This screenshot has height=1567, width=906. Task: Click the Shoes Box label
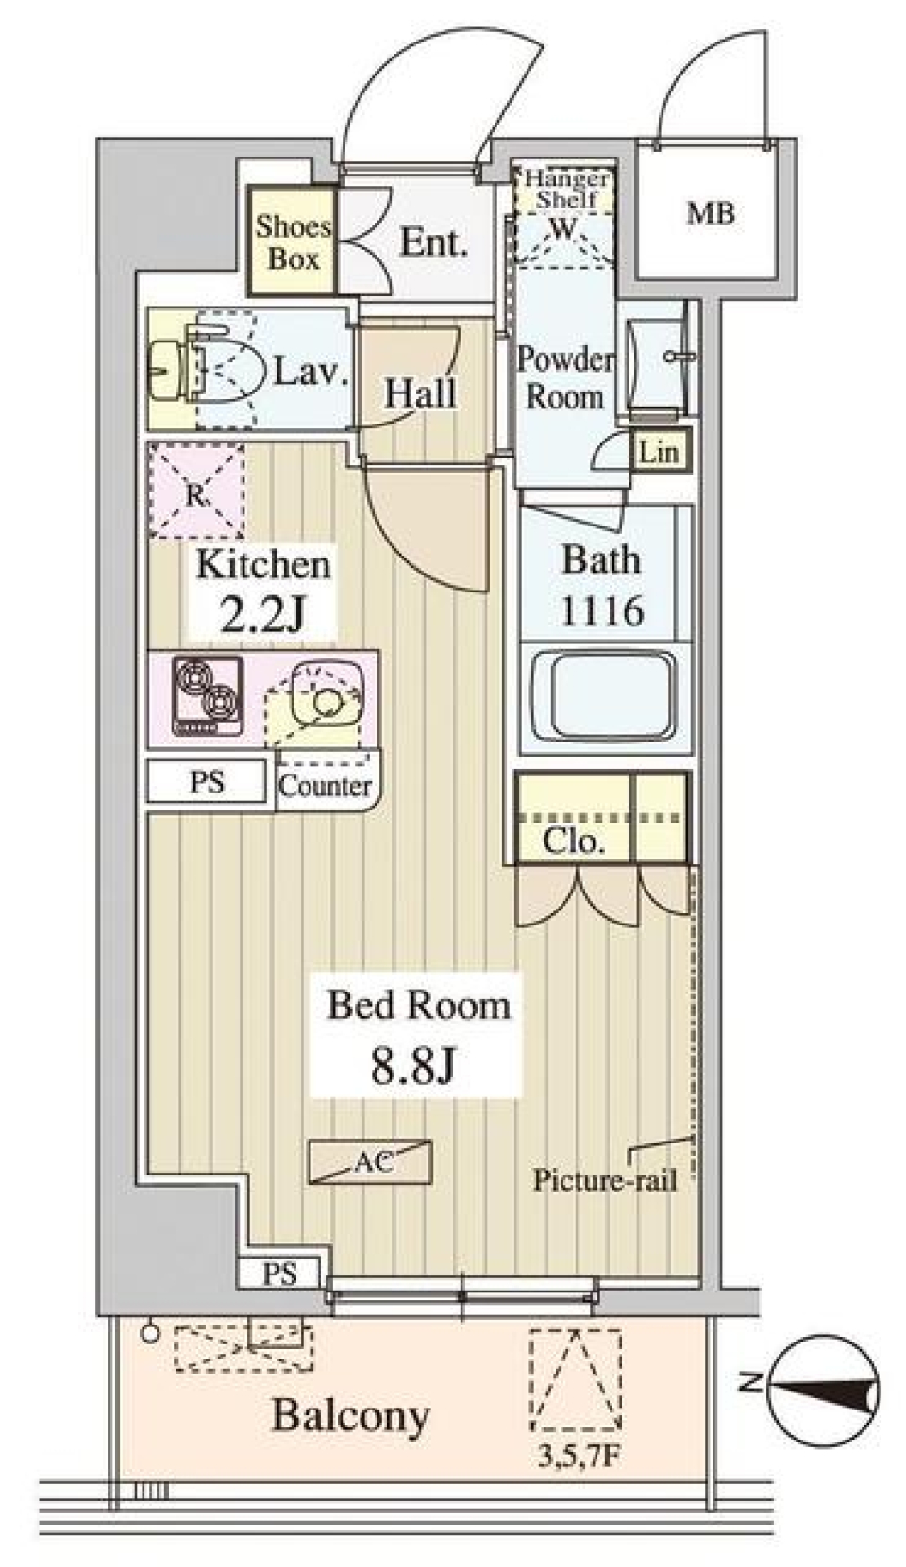click(x=294, y=242)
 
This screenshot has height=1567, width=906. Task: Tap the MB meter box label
click(x=710, y=214)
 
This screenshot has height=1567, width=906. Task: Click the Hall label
click(x=420, y=393)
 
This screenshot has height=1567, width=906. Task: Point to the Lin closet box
click(x=658, y=452)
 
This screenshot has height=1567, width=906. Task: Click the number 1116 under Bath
click(x=602, y=611)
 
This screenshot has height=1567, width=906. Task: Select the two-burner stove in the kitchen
click(x=205, y=697)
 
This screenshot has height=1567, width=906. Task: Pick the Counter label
click(x=326, y=785)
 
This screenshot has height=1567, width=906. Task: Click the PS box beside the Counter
click(x=208, y=782)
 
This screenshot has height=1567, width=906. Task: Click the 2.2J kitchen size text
click(x=262, y=615)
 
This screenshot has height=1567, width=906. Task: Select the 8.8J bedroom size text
click(x=414, y=1065)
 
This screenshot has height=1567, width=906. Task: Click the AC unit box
click(x=371, y=1162)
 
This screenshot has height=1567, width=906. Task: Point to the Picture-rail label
click(x=605, y=1180)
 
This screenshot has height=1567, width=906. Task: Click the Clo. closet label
click(x=573, y=841)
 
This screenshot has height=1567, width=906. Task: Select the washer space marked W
click(x=562, y=228)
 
